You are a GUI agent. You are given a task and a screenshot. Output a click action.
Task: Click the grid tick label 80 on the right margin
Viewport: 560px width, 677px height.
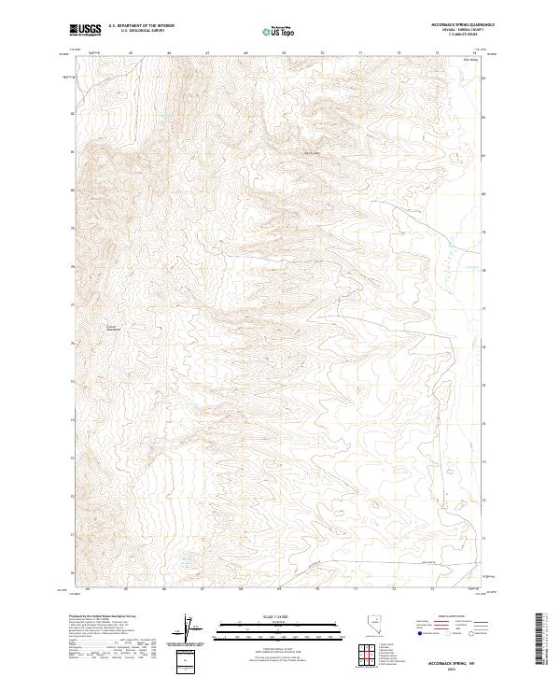(483, 194)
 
